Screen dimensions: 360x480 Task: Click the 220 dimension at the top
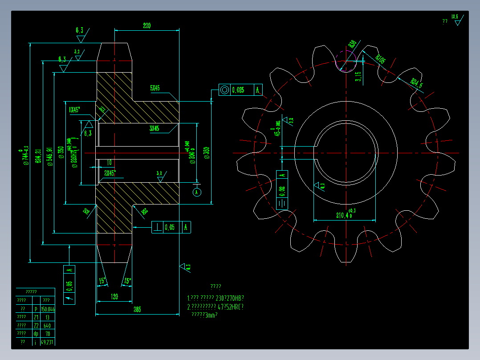pyautogui.click(x=146, y=26)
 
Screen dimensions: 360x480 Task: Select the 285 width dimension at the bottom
pyautogui.click(x=137, y=310)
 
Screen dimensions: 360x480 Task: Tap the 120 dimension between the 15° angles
pyautogui.click(x=114, y=297)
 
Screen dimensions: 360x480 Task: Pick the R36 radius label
pyautogui.click(x=352, y=44)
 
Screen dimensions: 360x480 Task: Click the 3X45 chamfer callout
pyautogui.click(x=155, y=129)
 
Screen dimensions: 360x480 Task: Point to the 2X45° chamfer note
pyautogui.click(x=110, y=173)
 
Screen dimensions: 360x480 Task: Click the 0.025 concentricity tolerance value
pyautogui.click(x=238, y=90)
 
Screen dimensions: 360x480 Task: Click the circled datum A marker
pyautogui.click(x=196, y=192)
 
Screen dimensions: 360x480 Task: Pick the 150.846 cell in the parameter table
pyautogui.click(x=48, y=309)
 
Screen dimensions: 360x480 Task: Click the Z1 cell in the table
pyautogui.click(x=36, y=317)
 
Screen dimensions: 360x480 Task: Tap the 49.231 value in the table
pyautogui.click(x=48, y=342)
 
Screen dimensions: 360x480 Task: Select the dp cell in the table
pyautogui.click(x=36, y=334)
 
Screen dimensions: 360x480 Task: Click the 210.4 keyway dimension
pyautogui.click(x=343, y=215)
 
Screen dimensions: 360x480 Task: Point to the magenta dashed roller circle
pyautogui.click(x=346, y=61)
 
